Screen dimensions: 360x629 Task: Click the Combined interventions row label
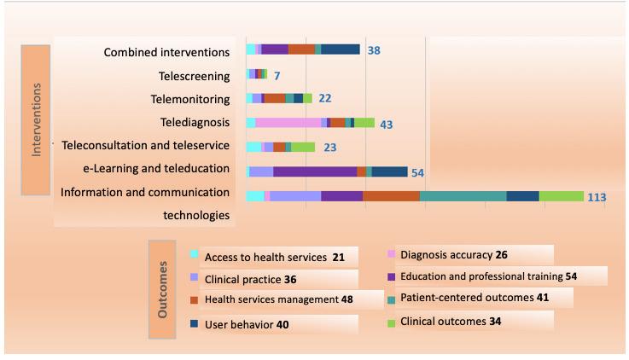click(x=166, y=52)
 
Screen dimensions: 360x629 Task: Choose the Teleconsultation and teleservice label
click(x=145, y=146)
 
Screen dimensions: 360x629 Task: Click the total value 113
click(x=597, y=197)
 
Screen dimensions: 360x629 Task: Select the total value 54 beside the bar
click(x=418, y=173)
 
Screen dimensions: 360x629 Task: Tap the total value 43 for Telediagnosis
click(x=386, y=125)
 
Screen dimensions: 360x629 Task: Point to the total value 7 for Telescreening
click(x=277, y=76)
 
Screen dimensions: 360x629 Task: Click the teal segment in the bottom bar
click(x=463, y=196)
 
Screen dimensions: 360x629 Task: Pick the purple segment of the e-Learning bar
click(x=315, y=171)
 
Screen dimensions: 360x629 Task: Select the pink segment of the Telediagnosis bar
click(x=288, y=123)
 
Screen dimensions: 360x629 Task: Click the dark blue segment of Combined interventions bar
click(x=341, y=49)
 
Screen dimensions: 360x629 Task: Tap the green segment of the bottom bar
click(x=561, y=196)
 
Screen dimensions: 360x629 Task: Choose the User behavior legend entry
click(x=240, y=324)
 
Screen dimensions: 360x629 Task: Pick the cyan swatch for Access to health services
click(x=195, y=253)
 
